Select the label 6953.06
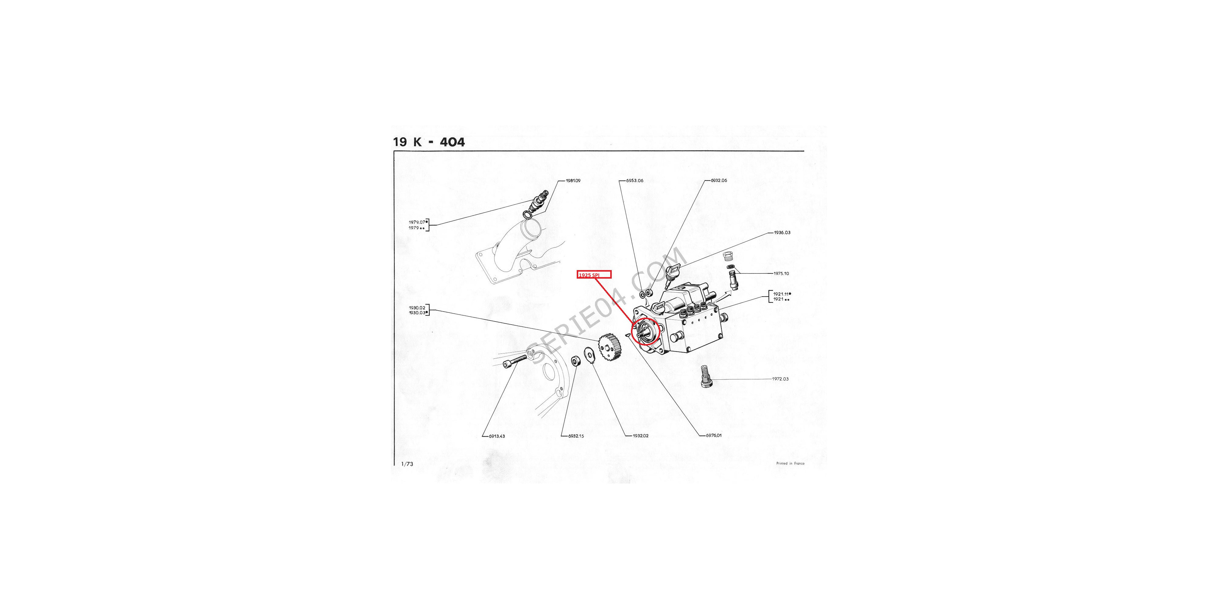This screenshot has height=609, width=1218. [x=635, y=181]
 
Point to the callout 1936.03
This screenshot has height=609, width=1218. [x=782, y=233]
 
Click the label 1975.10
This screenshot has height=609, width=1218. [x=781, y=273]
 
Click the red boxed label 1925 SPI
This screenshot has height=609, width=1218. [x=594, y=274]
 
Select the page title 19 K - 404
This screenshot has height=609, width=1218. [x=429, y=142]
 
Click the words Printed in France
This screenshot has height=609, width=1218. [x=790, y=463]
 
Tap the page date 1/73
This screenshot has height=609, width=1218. [x=407, y=464]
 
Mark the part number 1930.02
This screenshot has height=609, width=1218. [x=417, y=308]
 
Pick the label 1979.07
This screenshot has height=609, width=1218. [x=417, y=222]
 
